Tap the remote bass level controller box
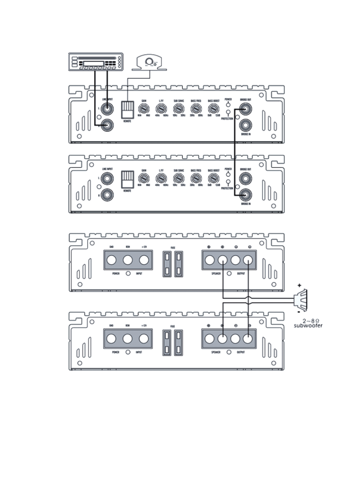coord(149,62)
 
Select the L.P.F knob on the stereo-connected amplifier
coord(161,108)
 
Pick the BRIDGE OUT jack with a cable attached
coord(245,108)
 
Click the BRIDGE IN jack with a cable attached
coord(245,195)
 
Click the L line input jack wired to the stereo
coord(107,108)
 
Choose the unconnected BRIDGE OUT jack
coord(245,178)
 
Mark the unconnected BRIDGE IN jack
coord(245,125)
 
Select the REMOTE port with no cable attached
coord(128,178)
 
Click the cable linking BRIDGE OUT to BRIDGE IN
coord(234,153)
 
